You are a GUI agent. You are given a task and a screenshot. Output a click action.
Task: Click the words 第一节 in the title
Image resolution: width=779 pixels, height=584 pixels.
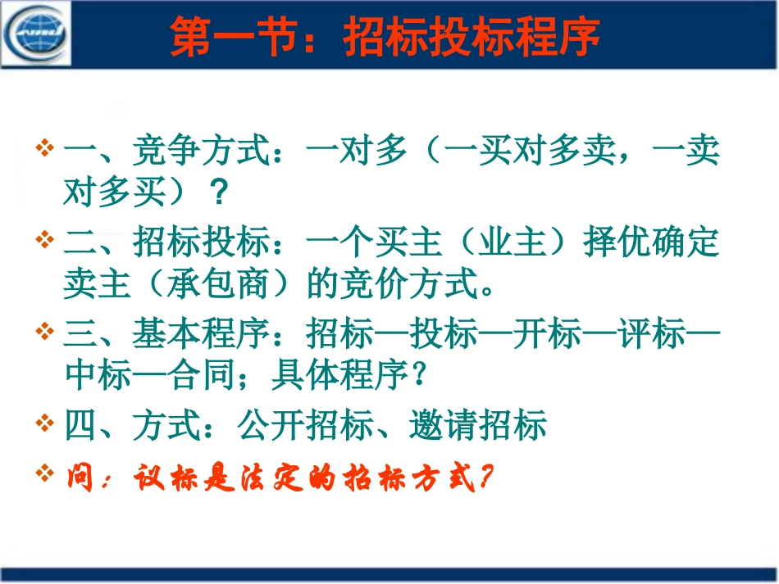pos(224,37)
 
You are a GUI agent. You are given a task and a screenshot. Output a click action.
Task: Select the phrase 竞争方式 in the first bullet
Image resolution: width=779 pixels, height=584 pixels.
pos(201,152)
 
